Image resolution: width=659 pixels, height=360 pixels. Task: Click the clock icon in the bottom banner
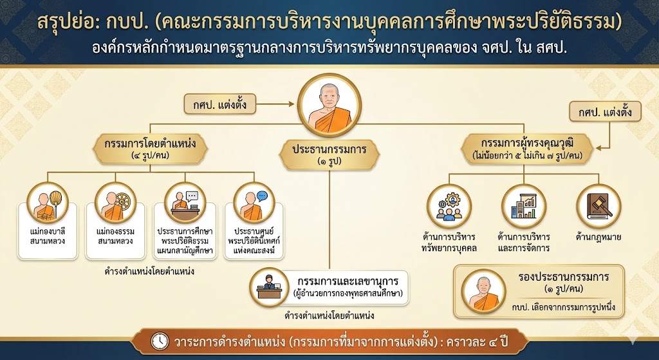(x=160, y=341)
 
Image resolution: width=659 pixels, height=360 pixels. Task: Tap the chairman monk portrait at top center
(x=329, y=105)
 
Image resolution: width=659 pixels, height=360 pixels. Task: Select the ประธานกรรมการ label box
(x=329, y=155)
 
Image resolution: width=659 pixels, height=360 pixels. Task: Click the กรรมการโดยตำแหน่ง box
(x=150, y=149)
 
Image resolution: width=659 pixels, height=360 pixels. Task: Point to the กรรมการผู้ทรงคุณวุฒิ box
(x=527, y=149)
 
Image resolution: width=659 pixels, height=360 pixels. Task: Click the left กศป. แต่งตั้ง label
(x=220, y=104)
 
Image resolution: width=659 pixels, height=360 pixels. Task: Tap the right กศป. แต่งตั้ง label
(x=605, y=111)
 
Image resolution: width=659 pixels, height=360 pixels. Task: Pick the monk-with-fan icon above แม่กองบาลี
(x=48, y=203)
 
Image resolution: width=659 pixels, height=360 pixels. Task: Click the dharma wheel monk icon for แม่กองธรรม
(x=116, y=203)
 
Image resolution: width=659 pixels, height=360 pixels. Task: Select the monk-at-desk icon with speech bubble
(x=185, y=203)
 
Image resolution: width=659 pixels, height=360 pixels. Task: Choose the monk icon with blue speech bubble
(x=254, y=203)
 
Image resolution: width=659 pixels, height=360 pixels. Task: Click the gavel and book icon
(x=599, y=206)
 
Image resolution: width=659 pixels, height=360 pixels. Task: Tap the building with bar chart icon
(x=524, y=206)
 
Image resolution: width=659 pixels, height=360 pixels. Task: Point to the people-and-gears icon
(x=449, y=206)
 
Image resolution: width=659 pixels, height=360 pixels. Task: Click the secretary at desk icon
(x=269, y=287)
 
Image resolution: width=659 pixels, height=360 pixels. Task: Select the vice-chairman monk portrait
(x=484, y=292)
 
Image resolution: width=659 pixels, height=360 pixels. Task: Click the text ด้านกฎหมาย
(x=598, y=237)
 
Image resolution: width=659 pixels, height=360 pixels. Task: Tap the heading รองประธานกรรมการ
(x=564, y=278)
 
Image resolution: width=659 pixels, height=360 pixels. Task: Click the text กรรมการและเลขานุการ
(x=348, y=281)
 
